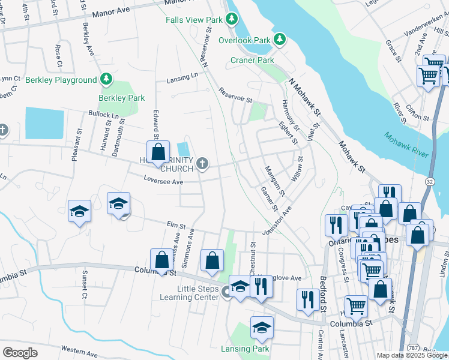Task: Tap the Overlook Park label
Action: tap(244, 40)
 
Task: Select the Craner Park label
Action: tap(252, 60)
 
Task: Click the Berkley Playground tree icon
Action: tap(106, 79)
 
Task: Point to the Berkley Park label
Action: tap(122, 98)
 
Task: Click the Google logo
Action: tap(20, 353)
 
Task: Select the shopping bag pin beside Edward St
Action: tap(158, 152)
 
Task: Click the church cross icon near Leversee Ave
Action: tap(203, 162)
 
